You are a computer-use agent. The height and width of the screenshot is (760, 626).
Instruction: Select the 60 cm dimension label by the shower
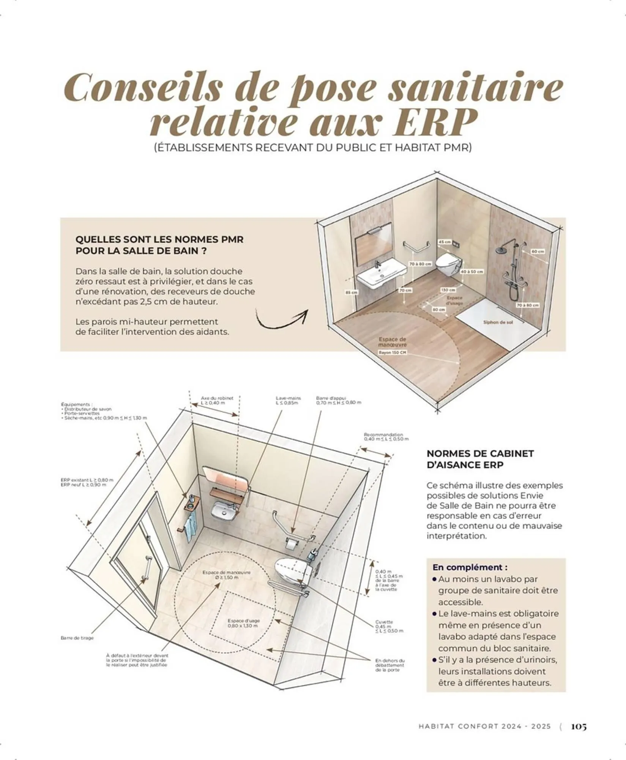click(x=538, y=251)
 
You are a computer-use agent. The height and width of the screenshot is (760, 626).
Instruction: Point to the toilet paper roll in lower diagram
click(x=291, y=544)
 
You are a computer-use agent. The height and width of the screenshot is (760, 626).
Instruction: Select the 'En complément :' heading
click(x=470, y=567)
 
